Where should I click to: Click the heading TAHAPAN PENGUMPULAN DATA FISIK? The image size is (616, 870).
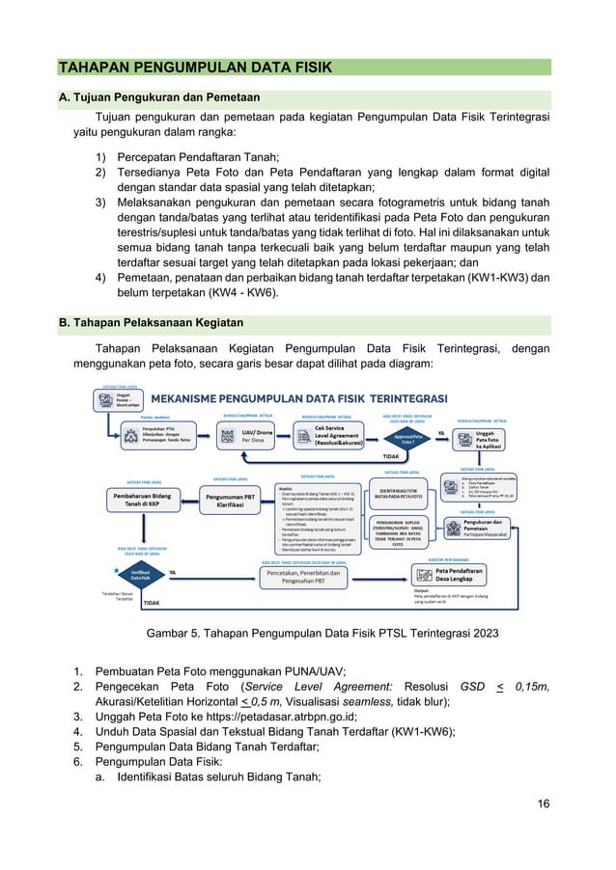point(195,67)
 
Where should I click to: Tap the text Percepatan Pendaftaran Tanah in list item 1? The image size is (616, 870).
point(198,156)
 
